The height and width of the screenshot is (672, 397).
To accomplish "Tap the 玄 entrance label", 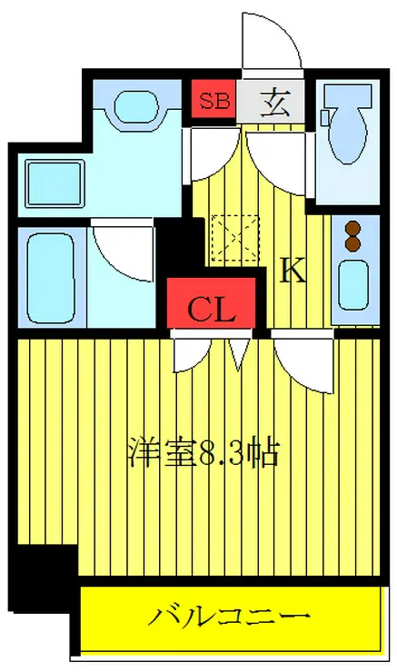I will coord(276,102).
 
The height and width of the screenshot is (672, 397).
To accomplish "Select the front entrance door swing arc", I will coord(273,41).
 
